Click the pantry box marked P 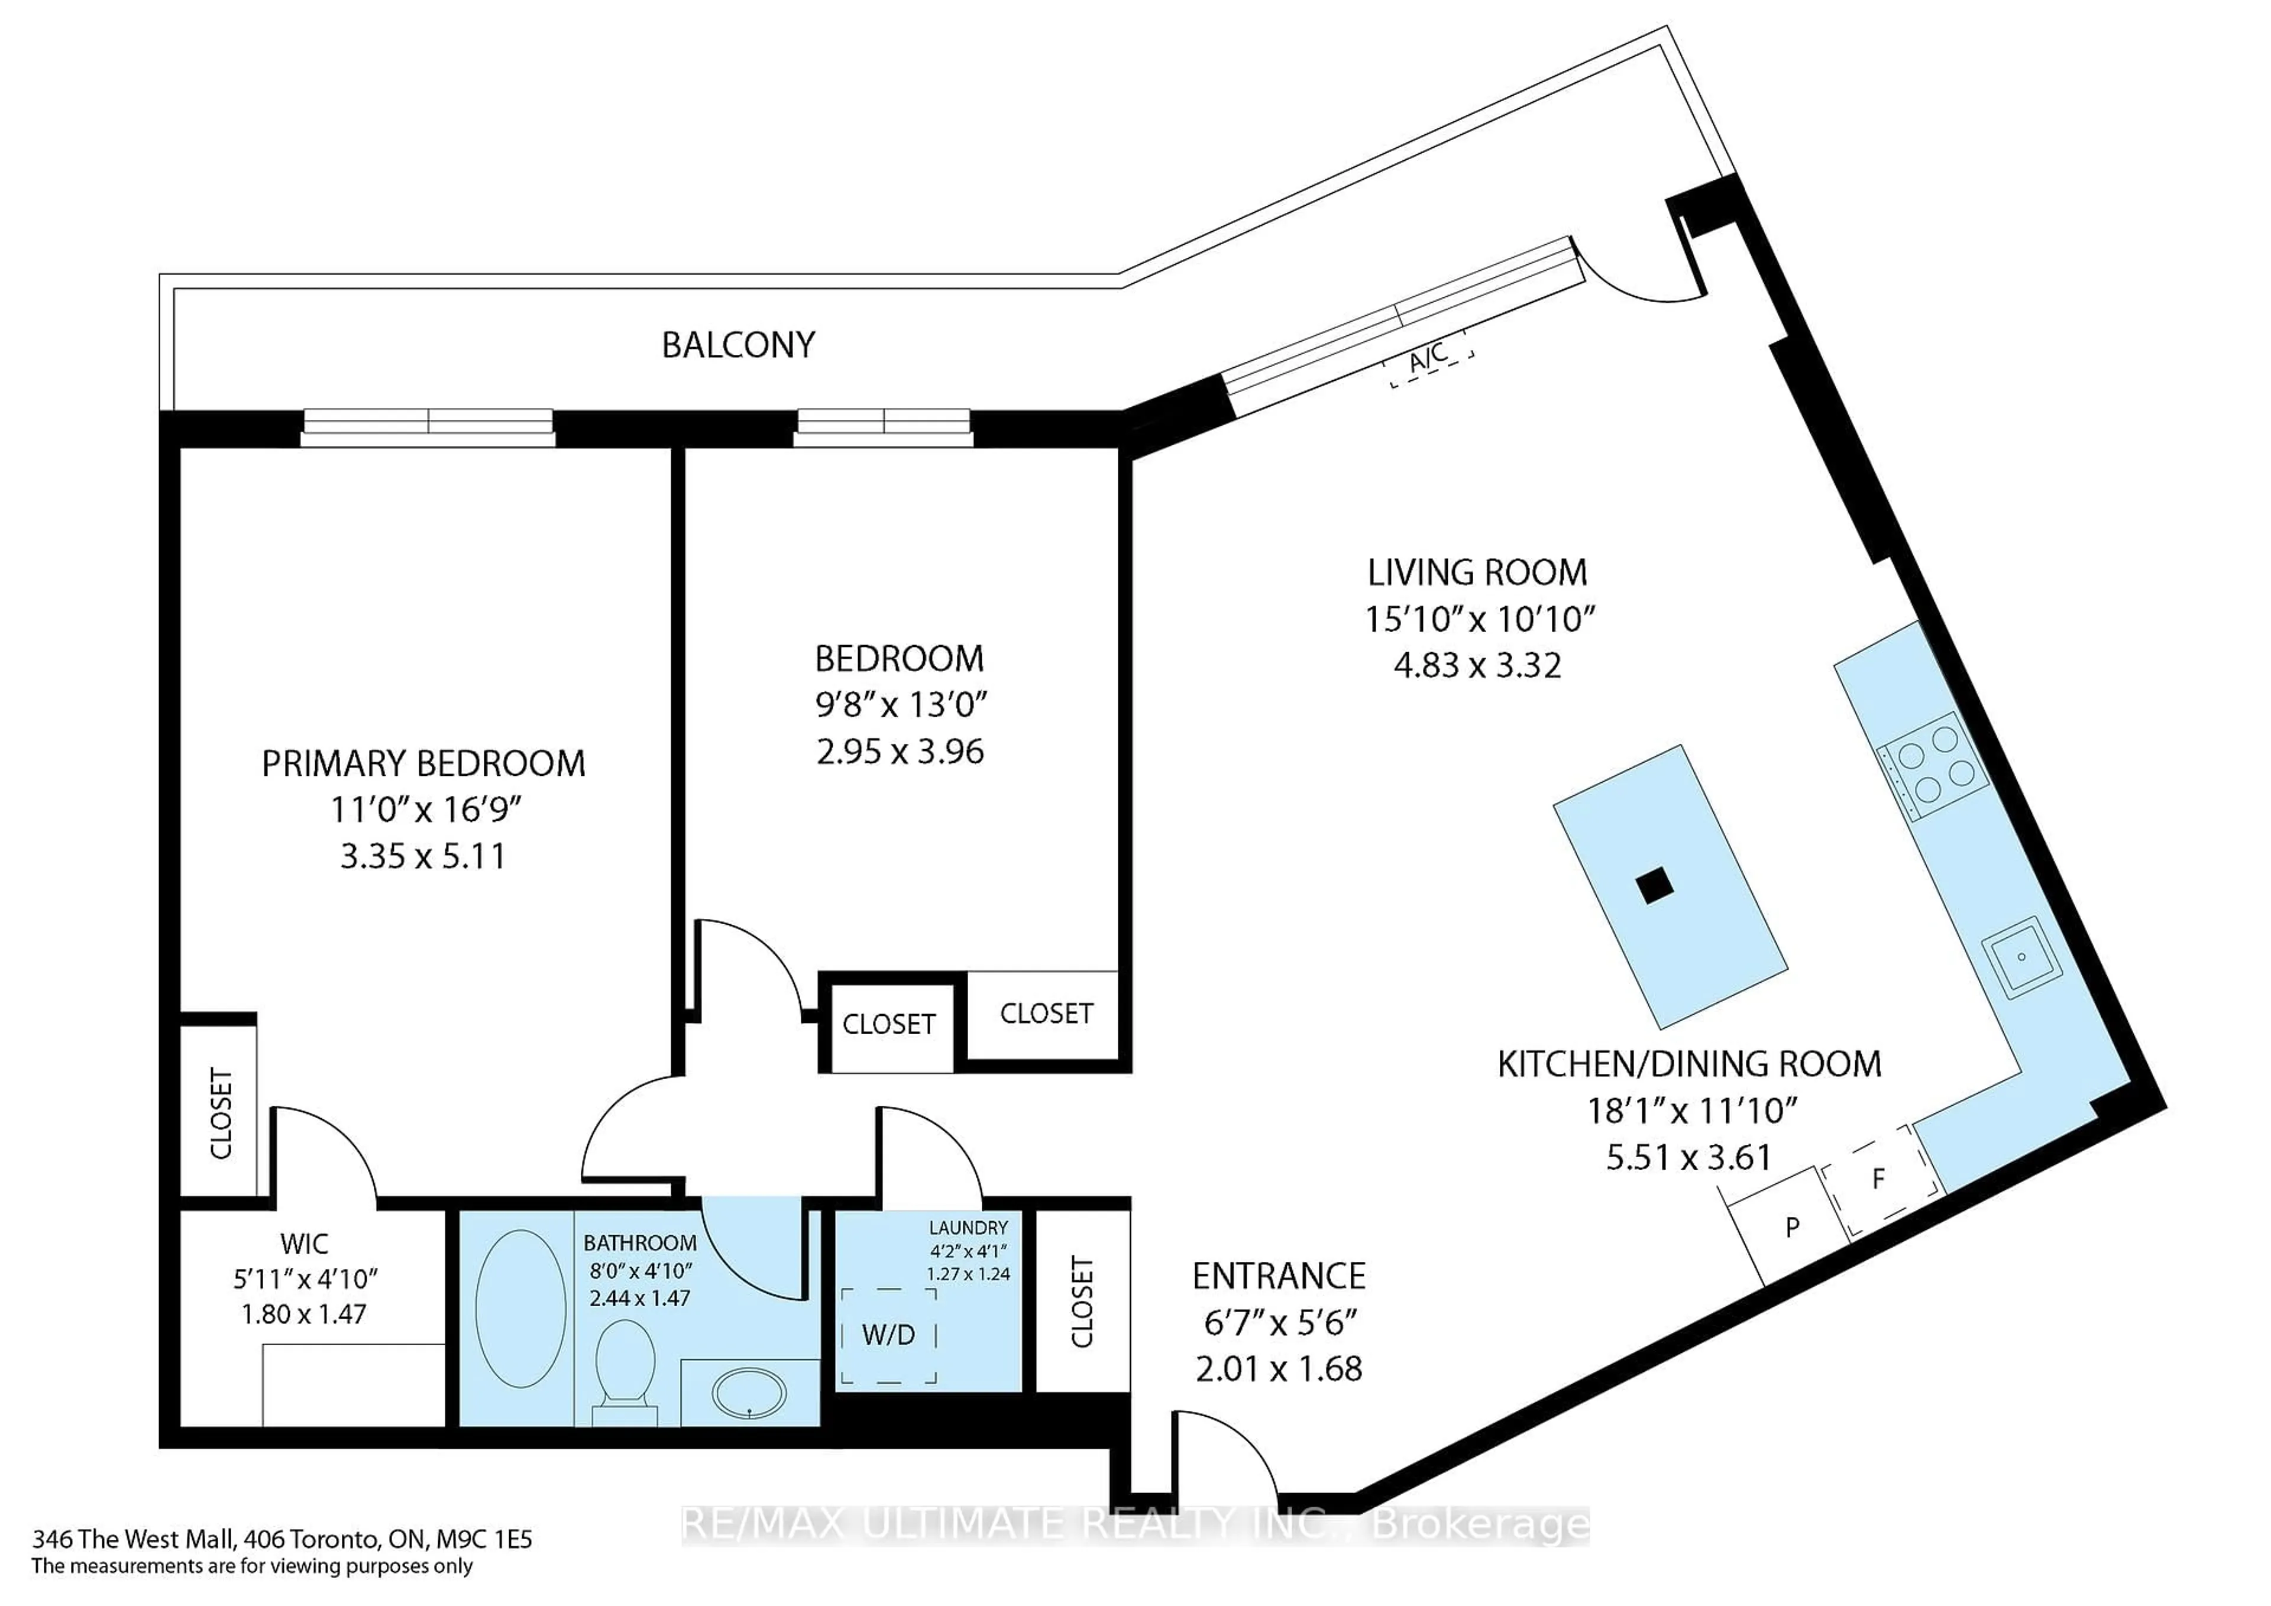[x=1791, y=1227]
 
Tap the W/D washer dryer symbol [x=888, y=1335]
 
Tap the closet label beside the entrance [x=1083, y=1301]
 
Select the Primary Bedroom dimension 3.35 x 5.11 [x=423, y=856]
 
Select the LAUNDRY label [x=968, y=1227]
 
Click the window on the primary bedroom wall [x=428, y=423]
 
